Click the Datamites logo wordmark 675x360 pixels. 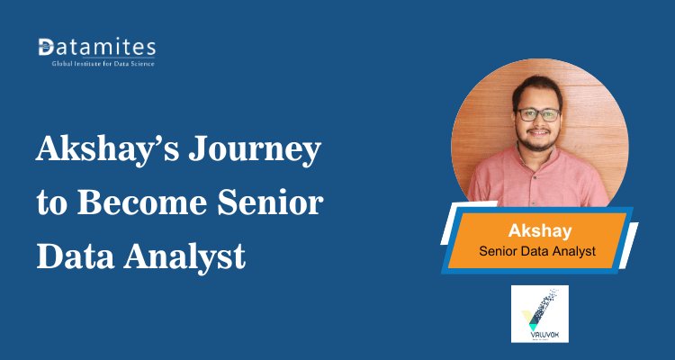tap(96, 47)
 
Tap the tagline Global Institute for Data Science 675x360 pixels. tap(96, 64)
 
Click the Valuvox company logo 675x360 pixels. tap(540, 313)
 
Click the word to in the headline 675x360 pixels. tap(50, 205)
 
